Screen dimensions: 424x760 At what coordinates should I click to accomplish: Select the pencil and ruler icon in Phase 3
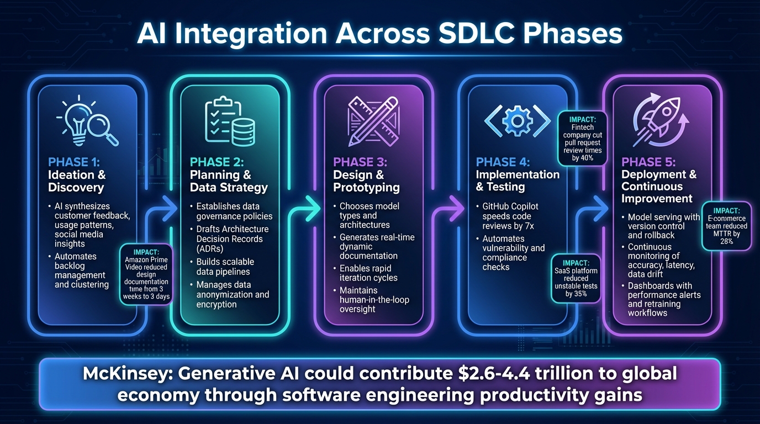click(x=373, y=119)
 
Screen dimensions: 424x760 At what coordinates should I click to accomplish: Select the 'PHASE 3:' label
click(x=360, y=162)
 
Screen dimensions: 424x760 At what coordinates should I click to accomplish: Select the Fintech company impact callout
click(x=583, y=138)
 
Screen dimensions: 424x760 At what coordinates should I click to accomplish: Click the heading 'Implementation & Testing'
click(x=518, y=181)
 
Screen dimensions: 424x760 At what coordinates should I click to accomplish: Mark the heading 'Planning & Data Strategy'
click(x=229, y=181)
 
